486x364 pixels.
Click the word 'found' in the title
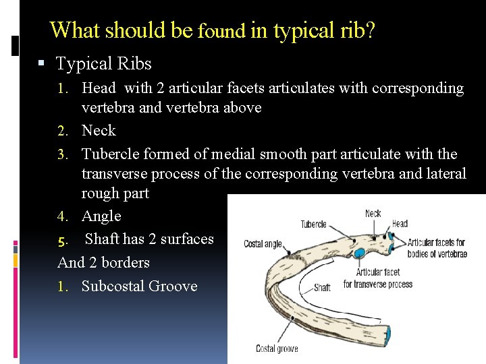(221, 32)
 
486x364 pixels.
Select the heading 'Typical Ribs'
(103, 64)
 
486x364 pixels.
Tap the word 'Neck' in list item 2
(99, 130)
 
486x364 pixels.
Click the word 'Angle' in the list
(101, 216)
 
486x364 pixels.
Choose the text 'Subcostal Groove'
(139, 286)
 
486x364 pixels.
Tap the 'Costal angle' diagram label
(263, 244)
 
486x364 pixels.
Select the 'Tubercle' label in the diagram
(314, 224)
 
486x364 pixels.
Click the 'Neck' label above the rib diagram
(373, 214)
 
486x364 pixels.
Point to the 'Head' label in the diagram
(400, 224)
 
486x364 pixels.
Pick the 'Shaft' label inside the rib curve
(322, 288)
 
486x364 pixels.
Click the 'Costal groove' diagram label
(277, 348)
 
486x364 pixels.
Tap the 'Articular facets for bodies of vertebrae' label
(437, 248)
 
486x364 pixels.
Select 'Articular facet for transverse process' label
(377, 278)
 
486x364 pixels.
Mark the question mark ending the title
(370, 30)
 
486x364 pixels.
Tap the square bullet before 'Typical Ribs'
(41, 64)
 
